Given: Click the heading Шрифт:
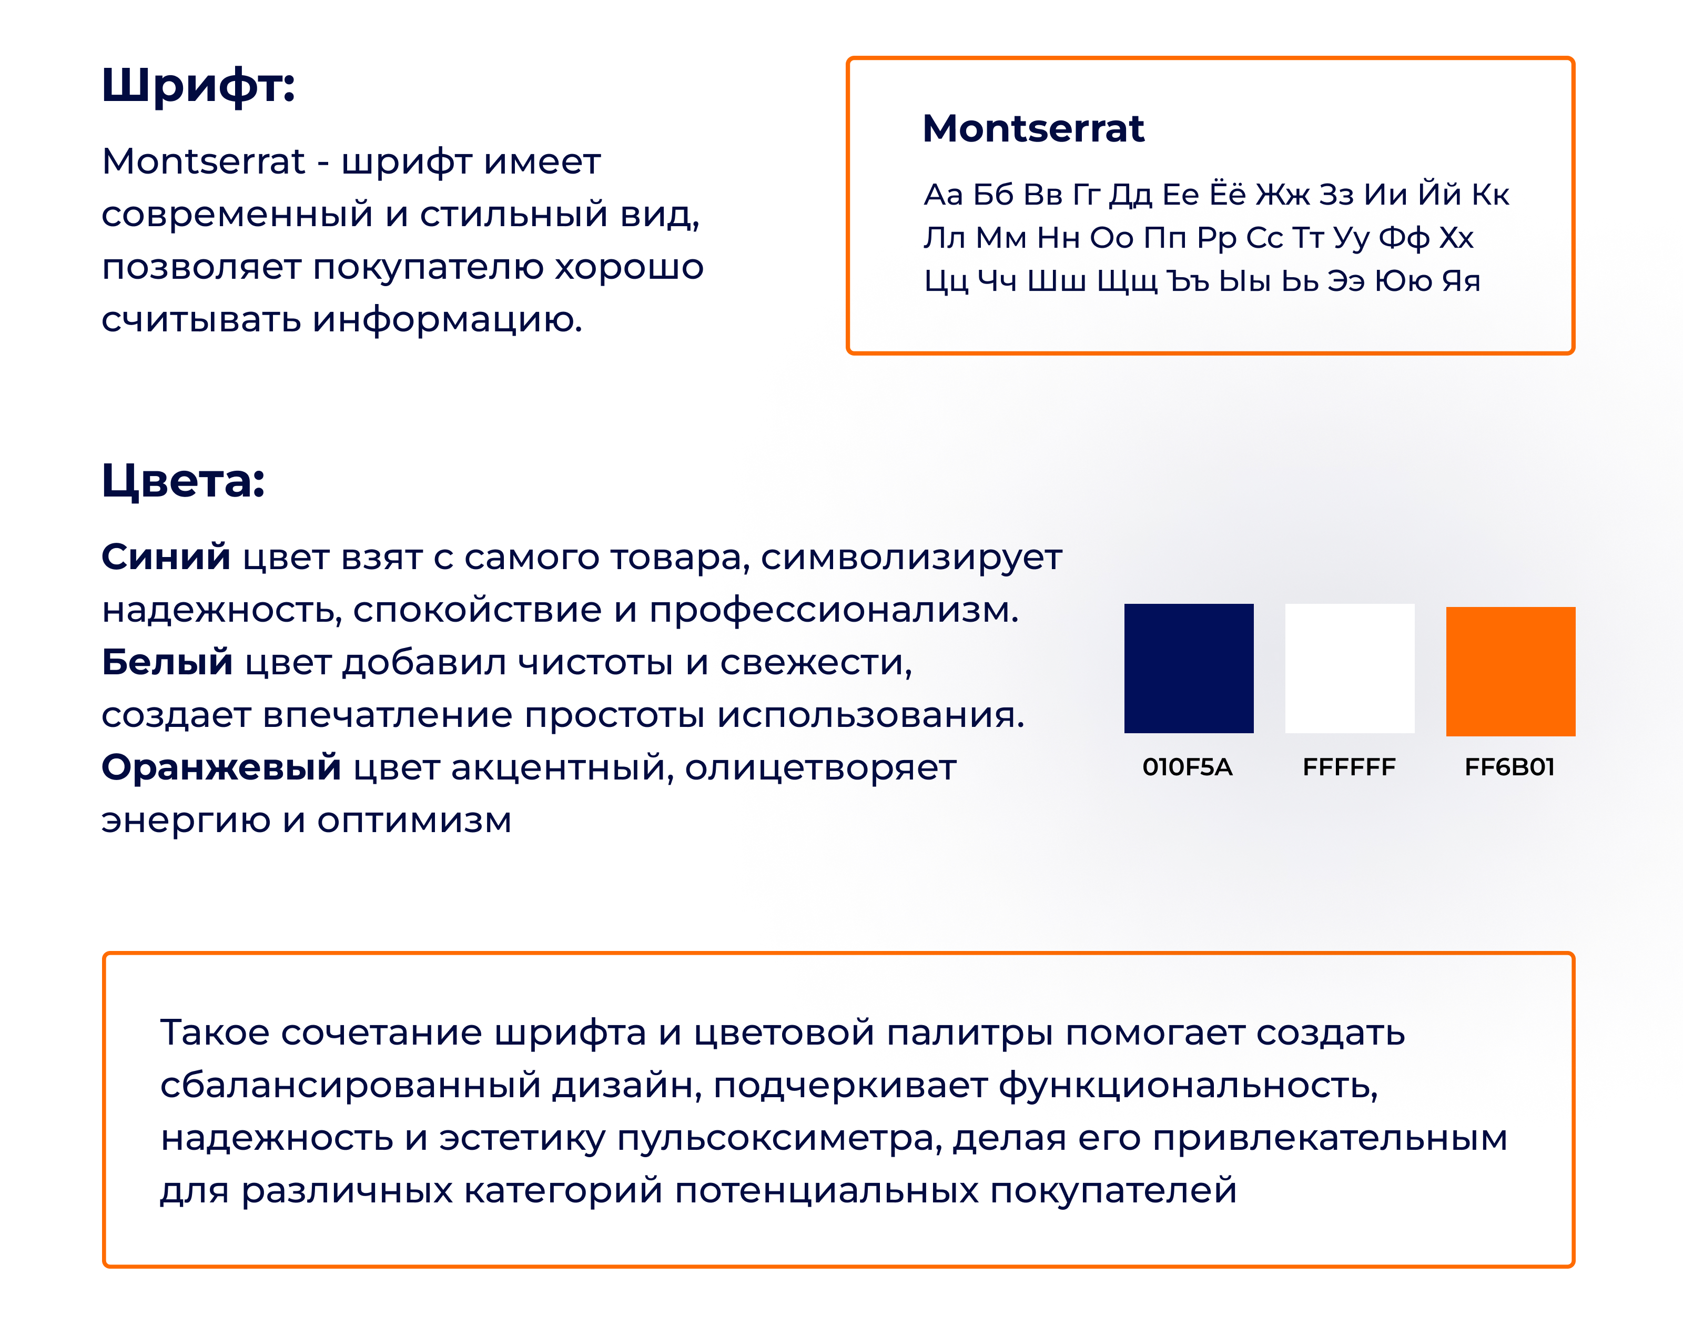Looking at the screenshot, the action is [198, 85].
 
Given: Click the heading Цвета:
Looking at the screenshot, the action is [184, 480].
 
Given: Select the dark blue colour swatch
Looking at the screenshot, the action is [1188, 669].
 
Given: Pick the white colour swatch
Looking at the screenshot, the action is [1350, 669].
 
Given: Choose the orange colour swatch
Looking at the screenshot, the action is [1510, 672].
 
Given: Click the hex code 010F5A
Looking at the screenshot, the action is [1188, 767].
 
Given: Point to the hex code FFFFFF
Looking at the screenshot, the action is [1349, 767].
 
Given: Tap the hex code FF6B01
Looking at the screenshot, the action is [1510, 767].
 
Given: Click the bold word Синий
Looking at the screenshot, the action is [166, 556].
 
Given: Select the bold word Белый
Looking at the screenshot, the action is [167, 662].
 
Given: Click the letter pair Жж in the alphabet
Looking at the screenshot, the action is [1283, 195].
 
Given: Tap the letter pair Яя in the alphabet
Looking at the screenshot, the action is [1461, 281].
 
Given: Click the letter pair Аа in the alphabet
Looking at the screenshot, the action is [943, 195].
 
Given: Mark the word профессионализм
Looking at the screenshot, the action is [834, 610].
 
